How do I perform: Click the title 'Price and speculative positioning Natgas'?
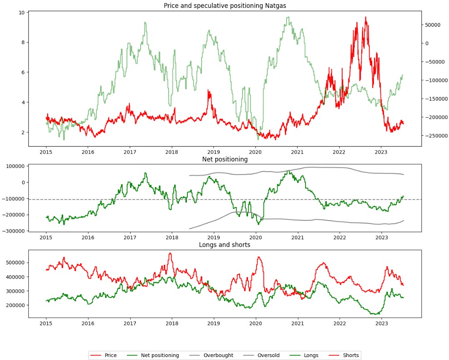[x=224, y=5]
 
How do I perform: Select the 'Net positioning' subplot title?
[x=224, y=159]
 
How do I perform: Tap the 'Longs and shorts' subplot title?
[x=224, y=245]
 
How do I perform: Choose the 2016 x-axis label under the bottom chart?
[x=88, y=323]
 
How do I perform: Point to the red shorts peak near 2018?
[x=170, y=253]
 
